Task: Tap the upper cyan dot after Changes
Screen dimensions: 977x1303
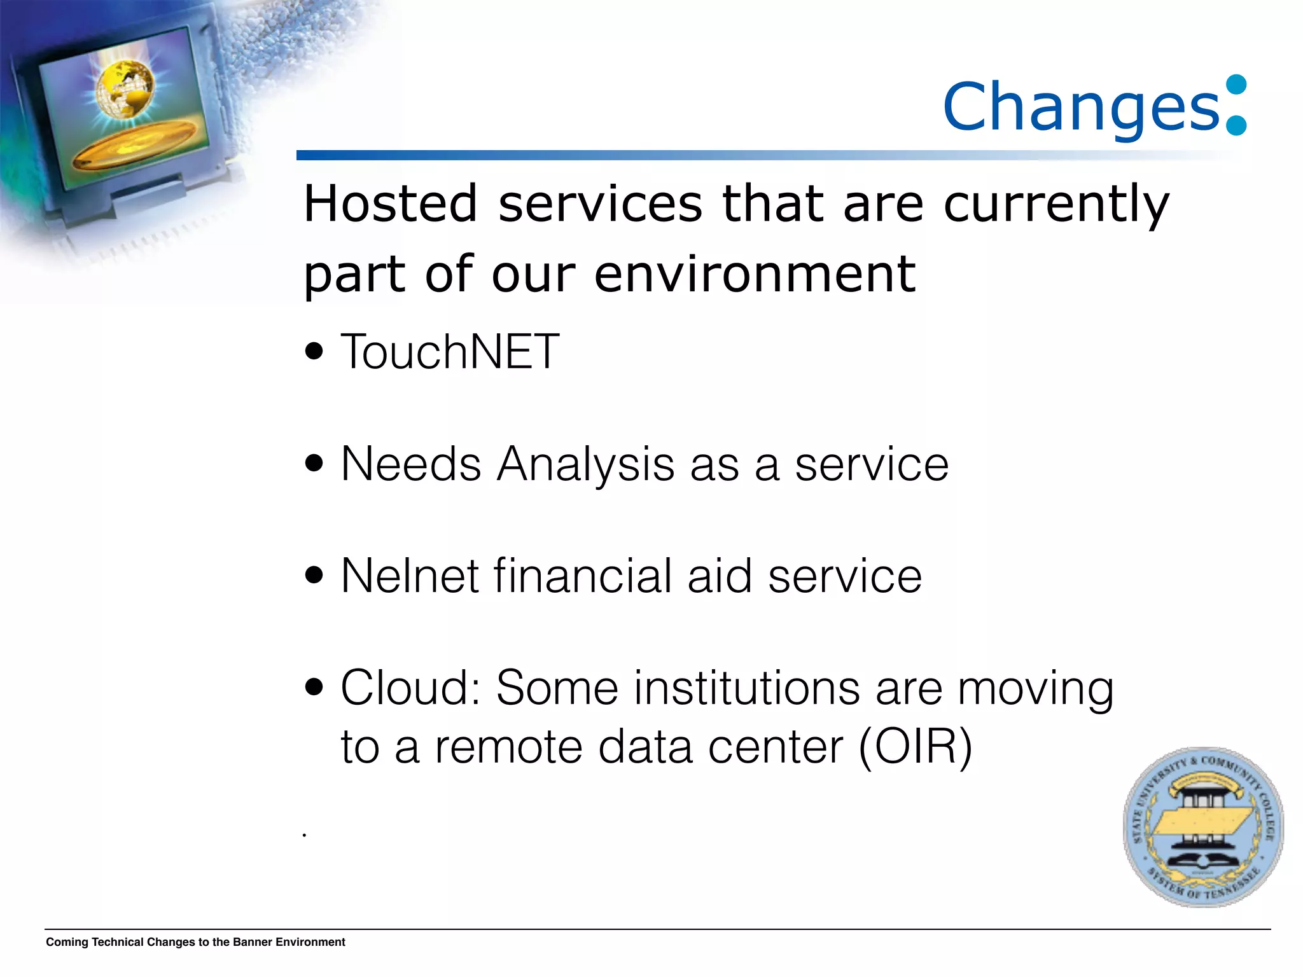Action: pos(1236,85)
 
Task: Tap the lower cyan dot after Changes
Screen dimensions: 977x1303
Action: pos(1236,125)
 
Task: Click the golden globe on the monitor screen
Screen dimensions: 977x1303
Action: pos(126,88)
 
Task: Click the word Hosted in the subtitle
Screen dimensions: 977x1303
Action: pos(390,204)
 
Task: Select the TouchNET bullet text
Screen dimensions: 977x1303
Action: pos(450,351)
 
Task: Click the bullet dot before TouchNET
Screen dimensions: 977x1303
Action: pos(314,351)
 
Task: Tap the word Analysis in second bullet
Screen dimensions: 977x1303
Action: pos(585,464)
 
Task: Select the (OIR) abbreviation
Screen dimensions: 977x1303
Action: pos(915,746)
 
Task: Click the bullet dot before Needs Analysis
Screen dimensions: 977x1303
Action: pos(314,463)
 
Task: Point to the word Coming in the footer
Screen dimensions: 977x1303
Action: pos(67,942)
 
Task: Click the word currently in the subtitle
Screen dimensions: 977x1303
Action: pos(1056,204)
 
